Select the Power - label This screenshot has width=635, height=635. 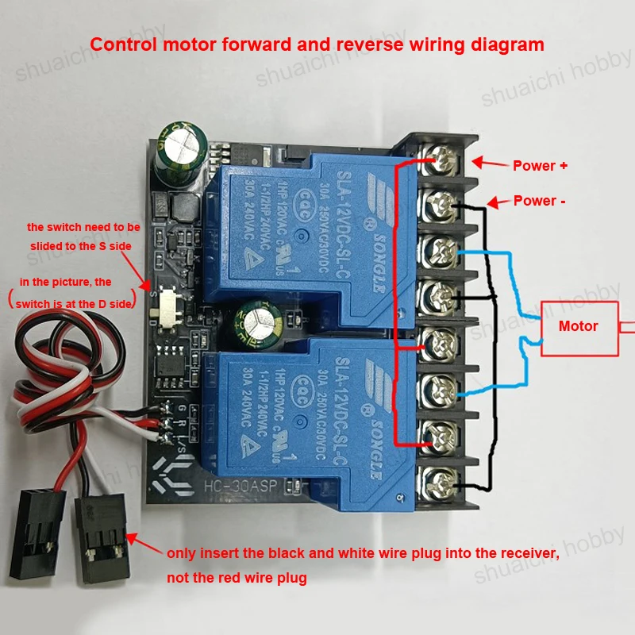pos(540,201)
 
